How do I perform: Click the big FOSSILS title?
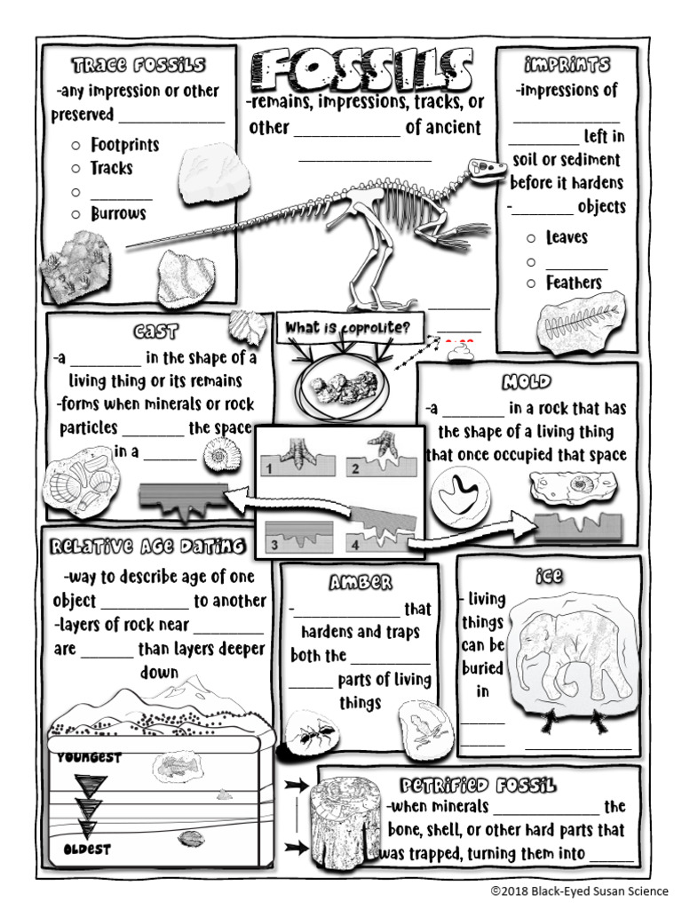click(x=361, y=70)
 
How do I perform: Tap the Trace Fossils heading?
click(x=139, y=66)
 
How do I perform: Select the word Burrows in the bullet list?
click(x=118, y=214)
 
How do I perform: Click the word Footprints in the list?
click(x=124, y=145)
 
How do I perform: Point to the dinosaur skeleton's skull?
click(x=488, y=167)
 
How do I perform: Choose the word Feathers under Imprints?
click(x=574, y=283)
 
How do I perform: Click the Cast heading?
click(x=156, y=332)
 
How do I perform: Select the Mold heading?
click(x=527, y=383)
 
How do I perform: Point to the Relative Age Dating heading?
click(x=147, y=545)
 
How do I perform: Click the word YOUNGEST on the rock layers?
click(x=89, y=758)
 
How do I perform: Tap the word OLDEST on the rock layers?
click(x=86, y=850)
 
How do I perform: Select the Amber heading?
click(x=360, y=583)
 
